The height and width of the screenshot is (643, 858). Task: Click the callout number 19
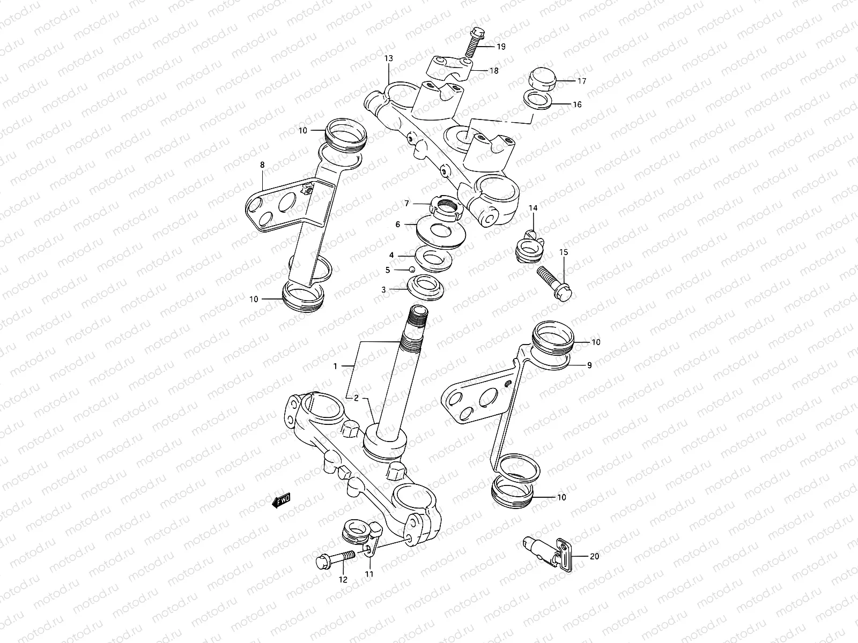coord(500,47)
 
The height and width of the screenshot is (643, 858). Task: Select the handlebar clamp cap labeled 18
coord(449,68)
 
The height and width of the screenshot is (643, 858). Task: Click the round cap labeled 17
coord(541,79)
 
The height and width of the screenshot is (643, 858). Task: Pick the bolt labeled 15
coord(554,280)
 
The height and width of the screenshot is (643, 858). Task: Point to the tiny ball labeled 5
coord(411,270)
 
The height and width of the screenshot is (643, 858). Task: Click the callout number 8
coord(262,165)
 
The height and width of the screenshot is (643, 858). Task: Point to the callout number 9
coord(589,365)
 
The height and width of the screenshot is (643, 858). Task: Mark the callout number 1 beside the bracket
coord(335,367)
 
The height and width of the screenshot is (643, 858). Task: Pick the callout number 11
coord(369,574)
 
